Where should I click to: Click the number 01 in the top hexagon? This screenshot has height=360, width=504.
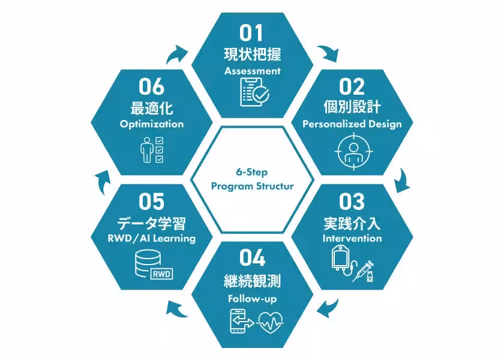[x=251, y=33]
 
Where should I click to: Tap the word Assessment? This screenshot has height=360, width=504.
[x=253, y=71]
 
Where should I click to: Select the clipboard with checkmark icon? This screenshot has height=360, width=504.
[x=254, y=92]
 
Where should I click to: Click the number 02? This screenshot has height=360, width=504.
[x=352, y=86]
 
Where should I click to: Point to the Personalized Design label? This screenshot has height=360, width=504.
[x=352, y=124]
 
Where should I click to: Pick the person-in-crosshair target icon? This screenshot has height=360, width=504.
[x=353, y=151]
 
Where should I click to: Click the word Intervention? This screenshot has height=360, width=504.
[x=352, y=238]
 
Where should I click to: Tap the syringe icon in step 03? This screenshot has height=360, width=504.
[x=363, y=271]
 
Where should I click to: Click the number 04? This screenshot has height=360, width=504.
[x=253, y=258]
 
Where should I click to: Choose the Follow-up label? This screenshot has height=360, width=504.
[x=253, y=299]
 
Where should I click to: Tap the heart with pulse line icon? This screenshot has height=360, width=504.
[x=269, y=322]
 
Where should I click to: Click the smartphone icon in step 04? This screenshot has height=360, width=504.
[x=238, y=321]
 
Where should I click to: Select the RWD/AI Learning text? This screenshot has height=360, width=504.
[x=152, y=238]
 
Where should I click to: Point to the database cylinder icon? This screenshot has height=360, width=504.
[x=148, y=263]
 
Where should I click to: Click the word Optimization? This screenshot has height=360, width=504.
[x=152, y=124]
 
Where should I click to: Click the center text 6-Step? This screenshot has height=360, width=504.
[x=252, y=172]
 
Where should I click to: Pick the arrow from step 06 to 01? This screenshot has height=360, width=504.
[x=176, y=54]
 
